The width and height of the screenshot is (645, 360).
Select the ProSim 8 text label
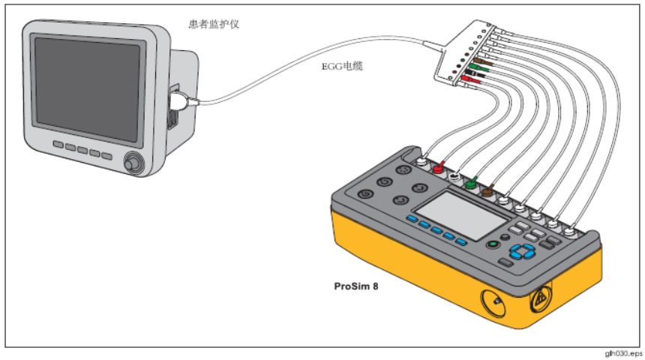(356, 286)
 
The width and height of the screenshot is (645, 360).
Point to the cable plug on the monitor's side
(181, 103)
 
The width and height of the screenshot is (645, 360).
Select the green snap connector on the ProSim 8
(470, 182)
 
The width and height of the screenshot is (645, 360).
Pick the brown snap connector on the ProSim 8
(486, 191)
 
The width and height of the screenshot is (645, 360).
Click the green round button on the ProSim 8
(493, 244)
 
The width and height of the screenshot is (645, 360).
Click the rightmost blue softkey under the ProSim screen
(460, 242)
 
